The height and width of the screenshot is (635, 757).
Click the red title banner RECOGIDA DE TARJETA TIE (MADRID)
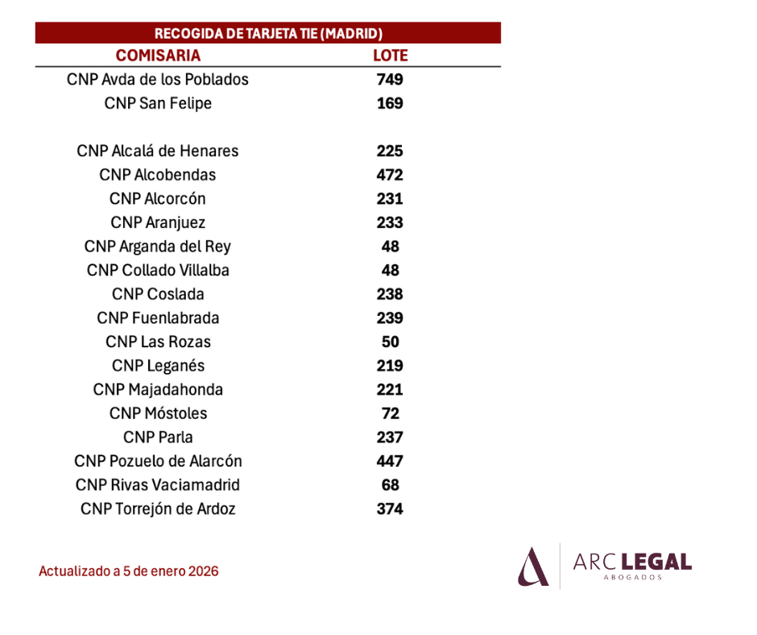(x=268, y=33)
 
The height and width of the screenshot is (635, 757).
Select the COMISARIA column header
(x=158, y=56)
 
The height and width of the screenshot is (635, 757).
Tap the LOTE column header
(x=390, y=56)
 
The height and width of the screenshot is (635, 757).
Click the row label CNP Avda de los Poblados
(x=157, y=79)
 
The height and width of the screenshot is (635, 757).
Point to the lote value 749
(x=390, y=79)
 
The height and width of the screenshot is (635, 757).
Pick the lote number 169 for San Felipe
(x=390, y=103)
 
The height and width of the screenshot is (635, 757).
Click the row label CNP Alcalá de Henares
(x=157, y=151)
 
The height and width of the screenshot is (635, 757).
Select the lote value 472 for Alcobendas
(x=390, y=174)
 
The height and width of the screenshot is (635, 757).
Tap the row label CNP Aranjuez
(x=158, y=222)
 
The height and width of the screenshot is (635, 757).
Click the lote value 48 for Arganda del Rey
(x=390, y=247)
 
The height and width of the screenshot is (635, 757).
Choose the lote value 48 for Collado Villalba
(x=390, y=270)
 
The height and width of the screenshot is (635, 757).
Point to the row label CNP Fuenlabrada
(x=158, y=318)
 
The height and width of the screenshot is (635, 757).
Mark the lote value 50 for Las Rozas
(x=390, y=342)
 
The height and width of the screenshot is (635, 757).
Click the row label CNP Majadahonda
(x=158, y=389)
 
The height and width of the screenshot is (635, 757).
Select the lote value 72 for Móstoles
(x=390, y=413)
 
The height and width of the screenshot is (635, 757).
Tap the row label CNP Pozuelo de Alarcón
(x=158, y=461)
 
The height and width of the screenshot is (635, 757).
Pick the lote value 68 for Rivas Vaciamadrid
(x=390, y=484)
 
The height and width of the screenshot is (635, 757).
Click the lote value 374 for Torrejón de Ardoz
(x=390, y=508)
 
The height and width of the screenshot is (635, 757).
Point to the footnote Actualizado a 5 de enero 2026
(x=128, y=571)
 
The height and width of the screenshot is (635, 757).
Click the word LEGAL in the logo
(x=656, y=562)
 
